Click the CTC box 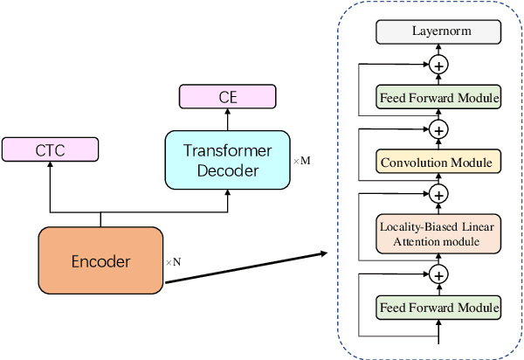pos(49,149)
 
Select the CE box pos(228,97)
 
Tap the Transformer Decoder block pos(227,159)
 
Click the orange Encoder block pos(100,260)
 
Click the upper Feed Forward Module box pos(438,98)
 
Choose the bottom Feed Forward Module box pos(438,308)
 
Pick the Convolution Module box pos(438,162)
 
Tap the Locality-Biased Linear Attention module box pos(438,233)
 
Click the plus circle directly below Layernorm pos(438,65)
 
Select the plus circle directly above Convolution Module pos(438,129)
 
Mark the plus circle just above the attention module pos(438,194)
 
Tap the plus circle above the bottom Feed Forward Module pos(438,274)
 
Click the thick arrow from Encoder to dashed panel pos(245,267)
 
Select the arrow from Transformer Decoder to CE pos(228,118)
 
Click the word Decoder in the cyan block pos(227,170)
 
